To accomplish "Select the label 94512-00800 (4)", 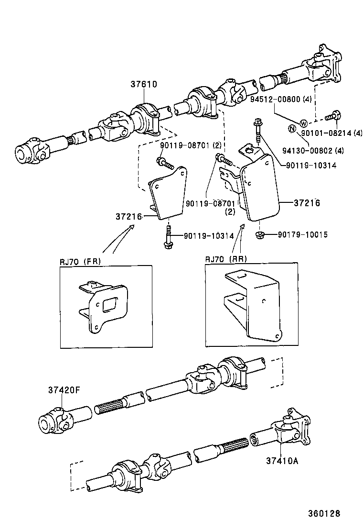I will [274, 100].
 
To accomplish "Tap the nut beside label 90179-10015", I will [260, 234].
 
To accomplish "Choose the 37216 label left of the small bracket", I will [128, 217].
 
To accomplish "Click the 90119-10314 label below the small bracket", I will [207, 236].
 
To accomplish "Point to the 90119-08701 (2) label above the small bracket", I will [184, 144].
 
